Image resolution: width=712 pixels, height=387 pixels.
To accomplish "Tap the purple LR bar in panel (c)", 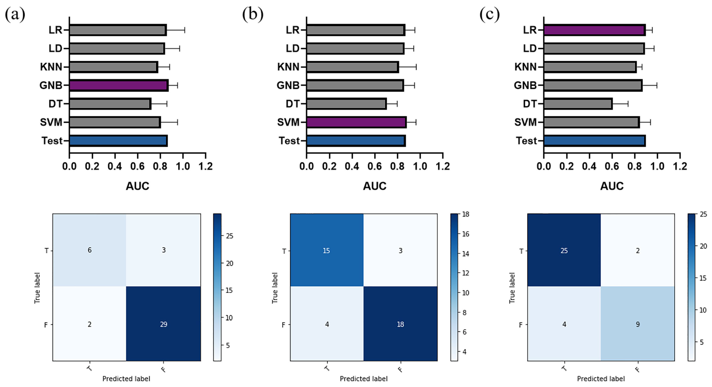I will point(594,30).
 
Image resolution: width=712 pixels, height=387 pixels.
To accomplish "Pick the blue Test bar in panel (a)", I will point(118,141).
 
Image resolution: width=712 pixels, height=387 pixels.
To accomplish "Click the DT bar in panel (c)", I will point(578,104).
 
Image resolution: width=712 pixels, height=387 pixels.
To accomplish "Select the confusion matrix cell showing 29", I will point(163,324).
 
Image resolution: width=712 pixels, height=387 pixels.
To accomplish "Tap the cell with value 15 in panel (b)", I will point(326,250).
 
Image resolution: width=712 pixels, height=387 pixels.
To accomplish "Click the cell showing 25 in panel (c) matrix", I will point(564,250).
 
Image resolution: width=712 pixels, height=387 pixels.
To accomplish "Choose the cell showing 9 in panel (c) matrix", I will point(638,324).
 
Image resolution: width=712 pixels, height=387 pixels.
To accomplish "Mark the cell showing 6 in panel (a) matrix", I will point(89,250).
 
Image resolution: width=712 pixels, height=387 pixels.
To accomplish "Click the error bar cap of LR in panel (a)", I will point(185,30).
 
